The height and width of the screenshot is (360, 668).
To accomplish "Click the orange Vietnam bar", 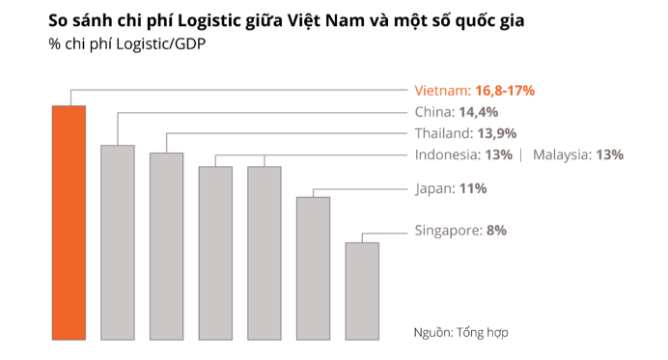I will click(69, 222).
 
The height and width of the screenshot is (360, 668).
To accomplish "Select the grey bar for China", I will click(118, 241).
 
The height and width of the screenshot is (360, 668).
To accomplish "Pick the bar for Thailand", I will click(166, 246).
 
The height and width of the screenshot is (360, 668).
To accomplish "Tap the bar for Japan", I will click(313, 267).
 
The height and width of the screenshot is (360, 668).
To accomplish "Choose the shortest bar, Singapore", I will click(362, 291).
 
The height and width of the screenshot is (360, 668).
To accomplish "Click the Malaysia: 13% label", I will click(577, 154).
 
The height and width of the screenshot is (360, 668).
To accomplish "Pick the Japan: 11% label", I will click(450, 189).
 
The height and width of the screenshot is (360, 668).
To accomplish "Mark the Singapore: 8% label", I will click(460, 231).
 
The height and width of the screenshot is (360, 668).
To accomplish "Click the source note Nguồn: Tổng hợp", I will click(459, 331).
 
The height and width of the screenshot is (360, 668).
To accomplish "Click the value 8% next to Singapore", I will click(496, 231).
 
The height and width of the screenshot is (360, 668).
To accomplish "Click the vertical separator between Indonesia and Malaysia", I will click(521, 154).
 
